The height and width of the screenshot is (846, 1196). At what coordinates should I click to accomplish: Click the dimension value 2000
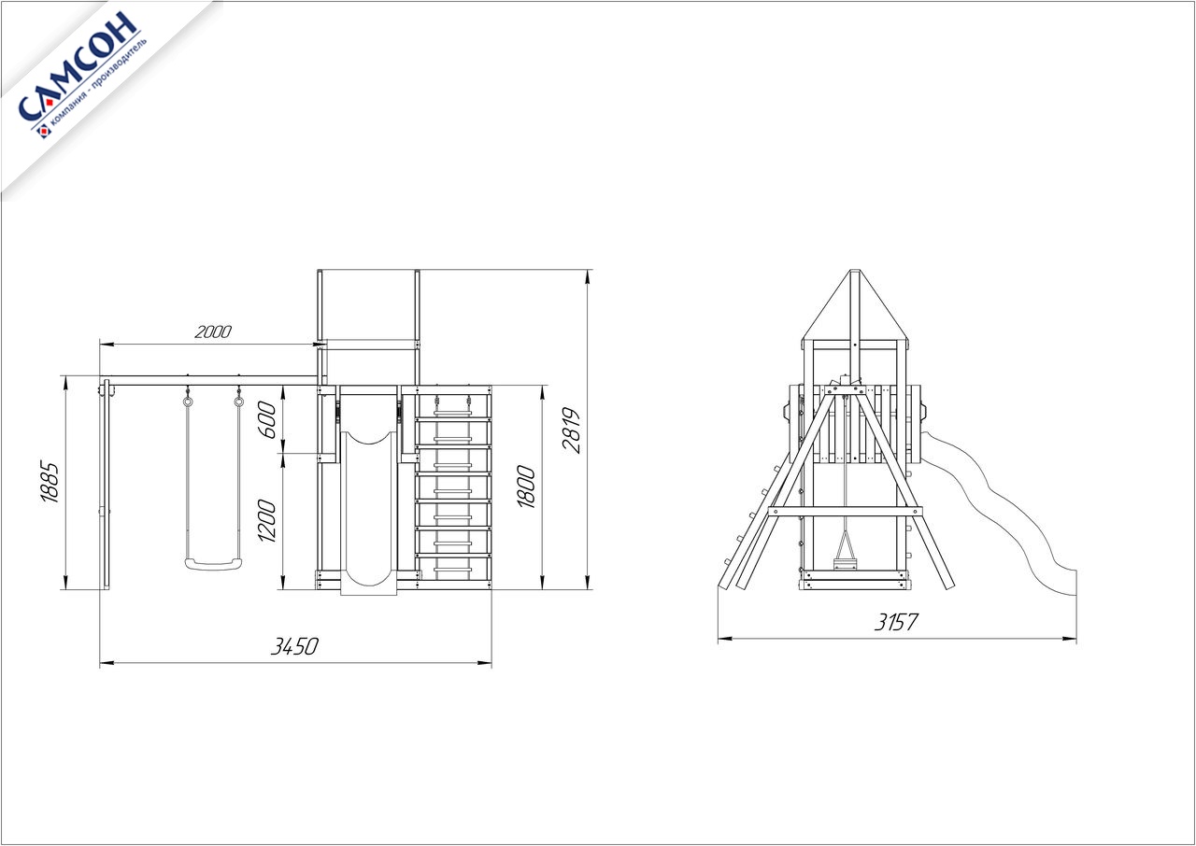pos(213,331)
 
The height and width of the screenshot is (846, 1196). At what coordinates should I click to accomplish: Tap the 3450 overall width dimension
pos(294,646)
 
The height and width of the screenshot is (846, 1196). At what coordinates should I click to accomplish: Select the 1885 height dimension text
pos(50,482)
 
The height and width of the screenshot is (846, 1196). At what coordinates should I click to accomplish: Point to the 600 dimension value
pos(267,420)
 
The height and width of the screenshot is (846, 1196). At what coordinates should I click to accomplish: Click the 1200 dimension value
pos(267,521)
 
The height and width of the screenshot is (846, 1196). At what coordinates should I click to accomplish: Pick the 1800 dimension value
pos(526,487)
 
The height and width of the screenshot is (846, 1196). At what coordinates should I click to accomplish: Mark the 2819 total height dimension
pos(571,431)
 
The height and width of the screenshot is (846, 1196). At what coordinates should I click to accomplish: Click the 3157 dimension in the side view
pos(896,622)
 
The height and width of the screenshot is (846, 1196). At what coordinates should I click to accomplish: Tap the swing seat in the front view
pos(214,564)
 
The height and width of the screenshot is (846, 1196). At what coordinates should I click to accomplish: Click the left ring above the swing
pos(188,401)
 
